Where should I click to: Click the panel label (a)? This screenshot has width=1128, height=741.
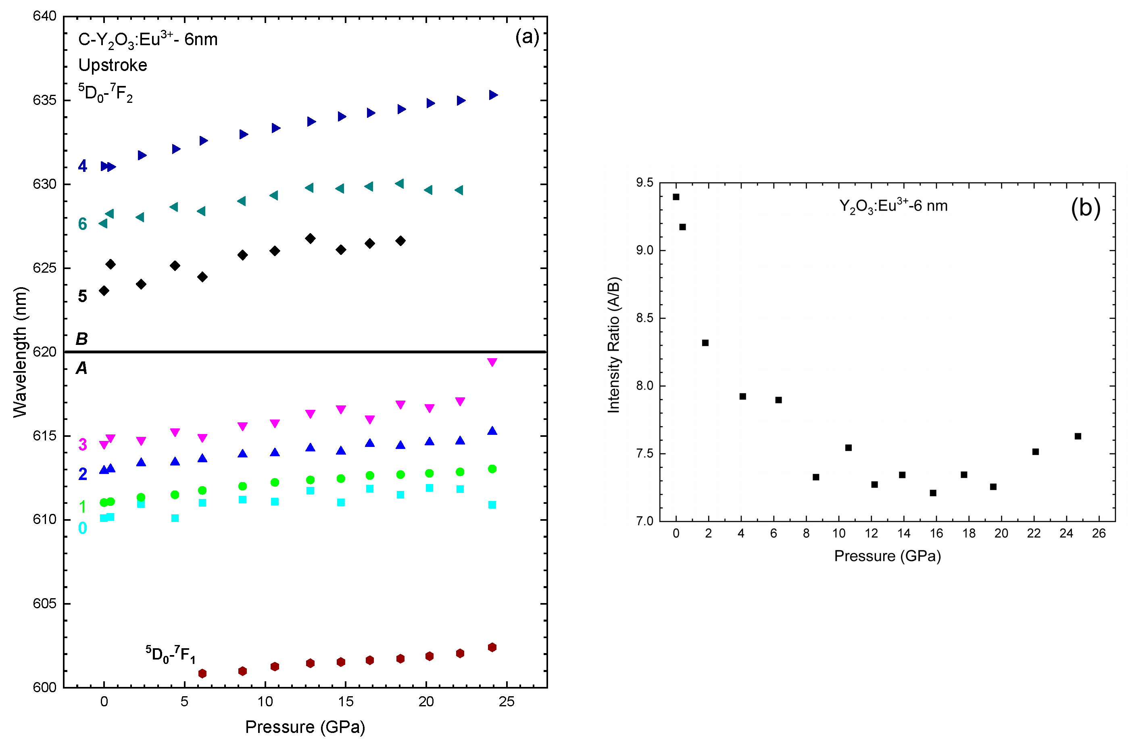tap(527, 37)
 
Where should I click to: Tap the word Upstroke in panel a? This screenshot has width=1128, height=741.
tap(113, 65)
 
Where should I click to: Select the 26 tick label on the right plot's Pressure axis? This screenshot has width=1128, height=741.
tap(1098, 533)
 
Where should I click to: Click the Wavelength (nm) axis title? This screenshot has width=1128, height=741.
tap(20, 352)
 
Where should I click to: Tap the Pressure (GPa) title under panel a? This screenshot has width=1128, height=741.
tap(305, 726)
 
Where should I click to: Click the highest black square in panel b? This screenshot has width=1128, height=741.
tap(676, 197)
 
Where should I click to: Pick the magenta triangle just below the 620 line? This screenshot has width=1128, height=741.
tap(492, 362)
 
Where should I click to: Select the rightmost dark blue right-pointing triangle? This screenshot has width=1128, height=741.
tap(493, 95)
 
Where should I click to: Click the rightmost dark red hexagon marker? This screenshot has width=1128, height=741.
tap(492, 647)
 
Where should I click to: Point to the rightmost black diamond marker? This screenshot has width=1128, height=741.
tap(400, 241)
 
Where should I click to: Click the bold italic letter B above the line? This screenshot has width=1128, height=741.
tap(81, 338)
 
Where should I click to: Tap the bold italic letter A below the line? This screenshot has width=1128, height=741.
tap(81, 368)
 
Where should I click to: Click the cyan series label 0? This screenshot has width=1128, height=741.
tap(82, 528)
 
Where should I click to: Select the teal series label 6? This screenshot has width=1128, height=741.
tap(82, 224)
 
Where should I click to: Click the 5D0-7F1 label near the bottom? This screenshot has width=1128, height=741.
tap(170, 654)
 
